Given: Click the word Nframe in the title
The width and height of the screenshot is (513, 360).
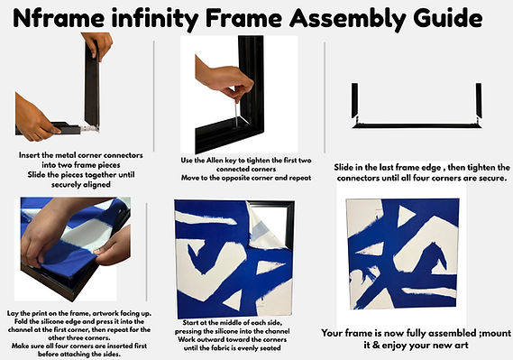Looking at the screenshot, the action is pyautogui.click(x=59, y=19).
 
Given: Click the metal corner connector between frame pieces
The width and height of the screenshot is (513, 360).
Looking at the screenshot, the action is pyautogui.click(x=89, y=128).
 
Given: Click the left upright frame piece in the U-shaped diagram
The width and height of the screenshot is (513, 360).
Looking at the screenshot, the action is pyautogui.click(x=354, y=100).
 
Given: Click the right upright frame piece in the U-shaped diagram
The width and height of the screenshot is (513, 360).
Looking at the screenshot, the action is pyautogui.click(x=479, y=100).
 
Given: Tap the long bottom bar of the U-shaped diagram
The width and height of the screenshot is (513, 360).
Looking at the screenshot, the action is pyautogui.click(x=417, y=125).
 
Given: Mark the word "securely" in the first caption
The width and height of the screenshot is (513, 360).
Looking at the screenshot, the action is pyautogui.click(x=65, y=185).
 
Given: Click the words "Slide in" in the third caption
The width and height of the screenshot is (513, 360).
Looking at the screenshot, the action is pyautogui.click(x=348, y=168).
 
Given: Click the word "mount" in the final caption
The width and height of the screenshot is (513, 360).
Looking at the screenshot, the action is pyautogui.click(x=497, y=333).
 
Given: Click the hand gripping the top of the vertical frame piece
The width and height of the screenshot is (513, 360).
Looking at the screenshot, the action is pyautogui.click(x=97, y=46).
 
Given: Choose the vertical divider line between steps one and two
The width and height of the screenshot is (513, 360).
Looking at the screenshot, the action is pyautogui.click(x=154, y=96).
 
